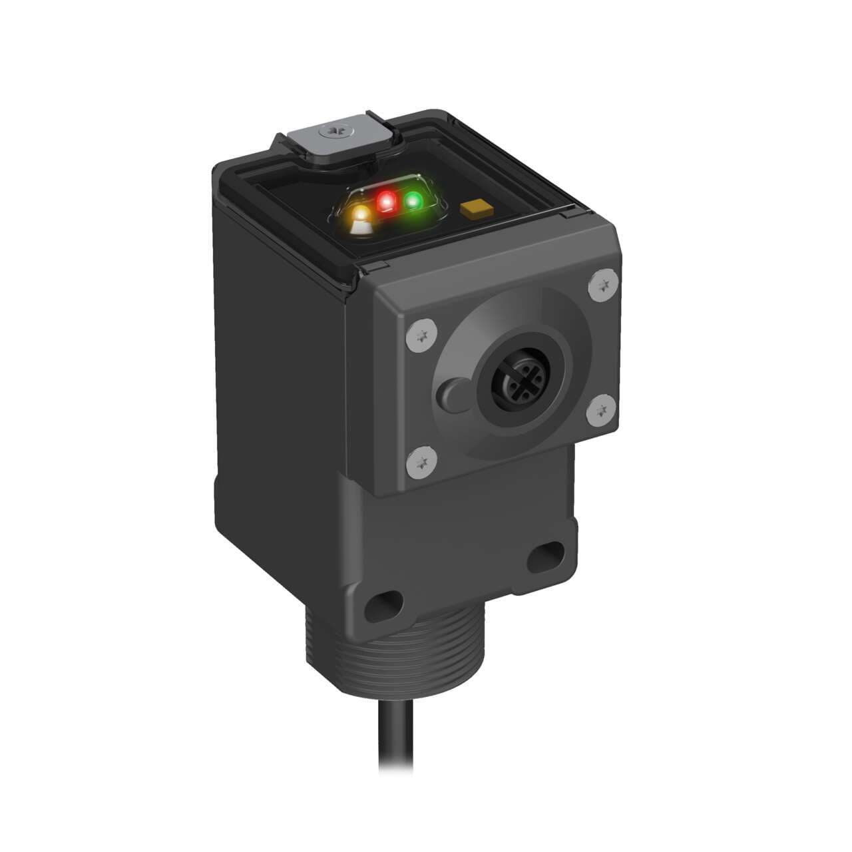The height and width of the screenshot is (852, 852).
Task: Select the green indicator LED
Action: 413,199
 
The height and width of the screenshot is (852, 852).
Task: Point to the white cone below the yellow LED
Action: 361,228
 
